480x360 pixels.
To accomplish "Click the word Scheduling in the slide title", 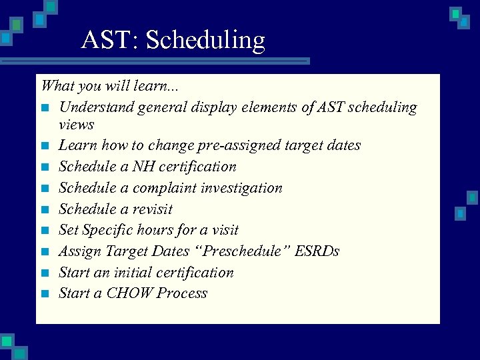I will (x=205, y=41).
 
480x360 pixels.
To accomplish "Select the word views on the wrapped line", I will (x=76, y=125).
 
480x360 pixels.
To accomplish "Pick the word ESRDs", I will (x=317, y=251).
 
